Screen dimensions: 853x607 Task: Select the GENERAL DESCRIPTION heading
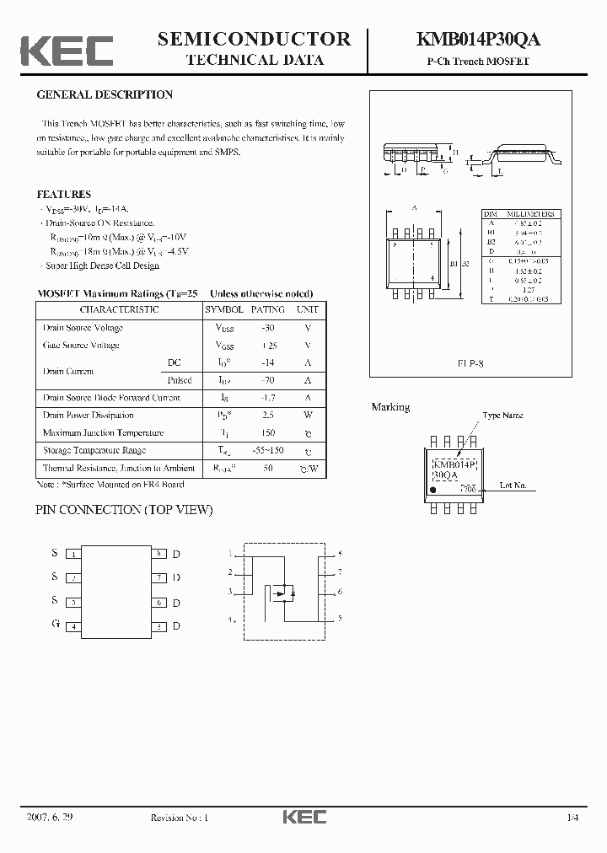click(105, 95)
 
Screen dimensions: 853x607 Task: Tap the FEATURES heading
click(63, 195)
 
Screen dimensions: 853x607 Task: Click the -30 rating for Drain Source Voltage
click(268, 328)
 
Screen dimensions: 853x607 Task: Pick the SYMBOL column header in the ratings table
click(224, 309)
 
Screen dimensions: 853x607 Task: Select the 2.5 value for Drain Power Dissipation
click(268, 416)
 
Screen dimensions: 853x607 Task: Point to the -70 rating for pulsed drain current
click(268, 380)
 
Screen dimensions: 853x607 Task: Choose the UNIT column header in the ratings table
click(308, 309)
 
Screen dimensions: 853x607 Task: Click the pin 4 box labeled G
click(74, 627)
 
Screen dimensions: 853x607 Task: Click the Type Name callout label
click(502, 415)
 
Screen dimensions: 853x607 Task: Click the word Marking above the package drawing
click(390, 407)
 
